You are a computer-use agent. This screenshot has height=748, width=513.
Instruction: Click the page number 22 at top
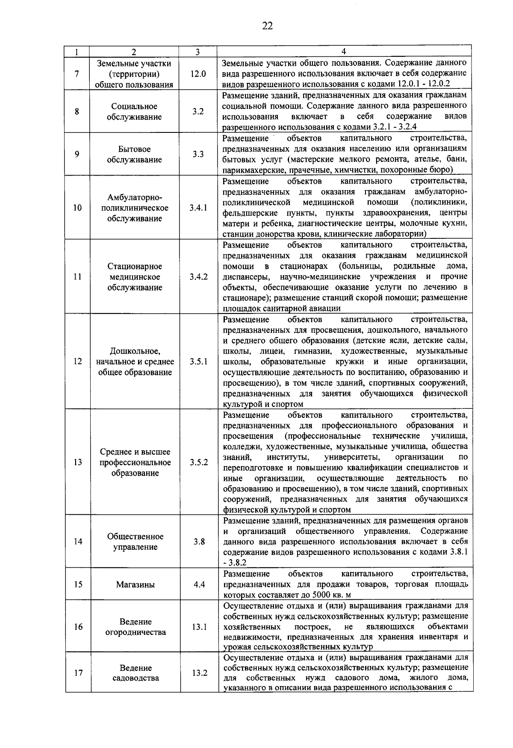pos(267,26)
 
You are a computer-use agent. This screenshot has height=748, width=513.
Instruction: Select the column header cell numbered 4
pos(344,52)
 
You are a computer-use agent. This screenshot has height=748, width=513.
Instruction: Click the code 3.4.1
pos(198,208)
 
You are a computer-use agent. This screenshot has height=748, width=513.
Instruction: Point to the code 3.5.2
pos(199,463)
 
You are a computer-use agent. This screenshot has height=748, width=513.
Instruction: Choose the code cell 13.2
pos(200,673)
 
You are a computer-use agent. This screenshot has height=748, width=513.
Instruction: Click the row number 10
pos(77,208)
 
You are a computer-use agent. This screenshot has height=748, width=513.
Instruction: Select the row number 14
pos(78,542)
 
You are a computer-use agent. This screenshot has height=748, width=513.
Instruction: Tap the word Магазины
pos(135,585)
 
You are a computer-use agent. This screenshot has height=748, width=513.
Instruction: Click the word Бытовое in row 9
pos(135,149)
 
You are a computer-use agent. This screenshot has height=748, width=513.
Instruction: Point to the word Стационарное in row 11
pos(135,267)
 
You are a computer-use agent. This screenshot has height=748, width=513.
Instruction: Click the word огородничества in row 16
pos(136,632)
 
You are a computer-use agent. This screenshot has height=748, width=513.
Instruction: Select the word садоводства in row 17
pos(136,678)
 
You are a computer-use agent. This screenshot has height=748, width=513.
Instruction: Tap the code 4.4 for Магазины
pos(199,584)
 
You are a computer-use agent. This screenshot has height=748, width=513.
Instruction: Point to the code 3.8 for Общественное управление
pos(199,542)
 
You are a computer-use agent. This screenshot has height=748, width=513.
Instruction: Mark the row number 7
pos(77,74)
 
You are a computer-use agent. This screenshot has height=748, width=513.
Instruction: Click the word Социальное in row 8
pos(134,106)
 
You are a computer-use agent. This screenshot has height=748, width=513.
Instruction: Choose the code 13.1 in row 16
pos(199,627)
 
